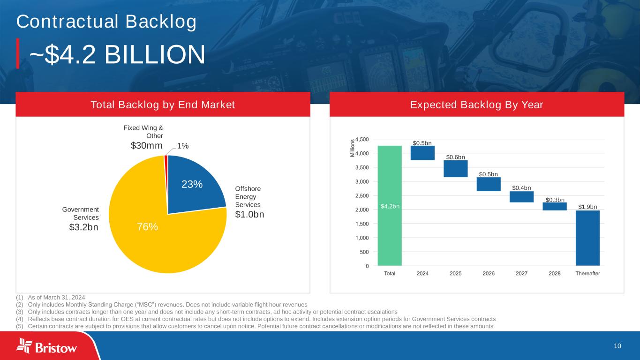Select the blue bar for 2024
coord(422,153)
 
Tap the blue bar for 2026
coord(489,184)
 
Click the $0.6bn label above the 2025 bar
coord(455,157)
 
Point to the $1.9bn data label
coord(587,207)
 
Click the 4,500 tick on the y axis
coord(362,139)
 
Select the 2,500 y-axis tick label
coord(362,195)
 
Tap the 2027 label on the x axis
coord(521,274)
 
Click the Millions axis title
coord(353,149)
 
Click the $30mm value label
coord(146,146)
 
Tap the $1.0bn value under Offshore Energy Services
coord(249,214)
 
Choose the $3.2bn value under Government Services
coord(84,228)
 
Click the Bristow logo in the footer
coord(47,347)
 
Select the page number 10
coord(617,346)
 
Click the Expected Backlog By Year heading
coord(477,105)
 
